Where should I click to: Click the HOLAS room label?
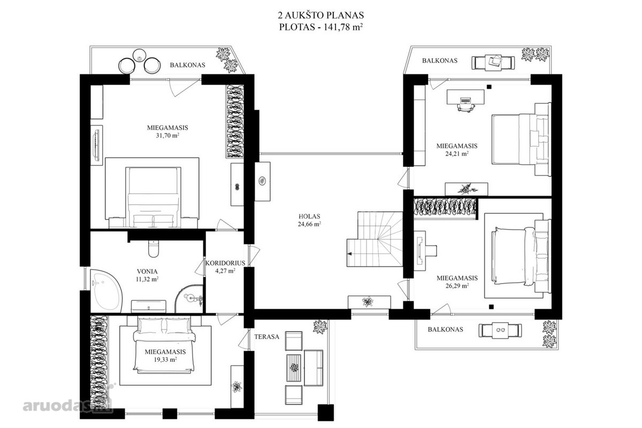(x=309, y=217)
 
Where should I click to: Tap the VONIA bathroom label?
(x=147, y=271)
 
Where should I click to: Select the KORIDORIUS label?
(x=225, y=263)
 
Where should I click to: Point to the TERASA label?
(x=266, y=337)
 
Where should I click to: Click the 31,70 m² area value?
(x=167, y=135)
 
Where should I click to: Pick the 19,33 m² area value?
(x=165, y=360)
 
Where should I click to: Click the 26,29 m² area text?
(x=457, y=286)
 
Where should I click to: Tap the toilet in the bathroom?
(x=154, y=249)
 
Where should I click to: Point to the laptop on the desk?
(x=465, y=101)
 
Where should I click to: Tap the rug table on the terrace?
(x=294, y=368)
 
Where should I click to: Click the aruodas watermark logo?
(x=67, y=406)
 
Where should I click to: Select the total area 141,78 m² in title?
(x=343, y=27)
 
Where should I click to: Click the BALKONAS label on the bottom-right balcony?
(x=445, y=330)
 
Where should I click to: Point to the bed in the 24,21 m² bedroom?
(x=521, y=139)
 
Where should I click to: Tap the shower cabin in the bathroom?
(x=190, y=299)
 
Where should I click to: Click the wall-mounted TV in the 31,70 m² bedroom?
(x=97, y=145)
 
